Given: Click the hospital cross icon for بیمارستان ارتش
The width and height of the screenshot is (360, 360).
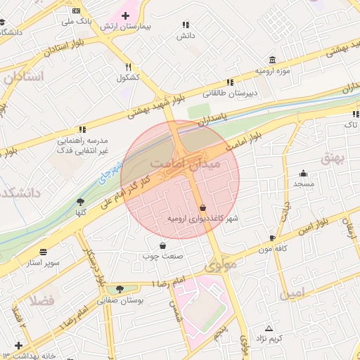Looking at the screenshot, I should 125,15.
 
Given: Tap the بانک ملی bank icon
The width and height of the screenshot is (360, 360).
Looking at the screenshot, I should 77,11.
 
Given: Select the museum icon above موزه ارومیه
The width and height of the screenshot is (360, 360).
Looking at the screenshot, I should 272,60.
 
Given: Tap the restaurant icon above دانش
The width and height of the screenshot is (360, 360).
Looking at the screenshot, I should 185,23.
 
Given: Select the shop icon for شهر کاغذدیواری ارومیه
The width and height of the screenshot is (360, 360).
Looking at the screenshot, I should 203,208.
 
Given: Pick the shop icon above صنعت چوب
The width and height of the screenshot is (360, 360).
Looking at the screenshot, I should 163,245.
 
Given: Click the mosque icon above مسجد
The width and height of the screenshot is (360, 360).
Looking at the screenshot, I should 304,174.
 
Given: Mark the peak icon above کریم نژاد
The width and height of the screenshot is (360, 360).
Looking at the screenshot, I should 268,328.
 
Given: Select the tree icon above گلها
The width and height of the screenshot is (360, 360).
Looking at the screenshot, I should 80,202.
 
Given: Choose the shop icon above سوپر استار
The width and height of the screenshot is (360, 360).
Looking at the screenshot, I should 44,251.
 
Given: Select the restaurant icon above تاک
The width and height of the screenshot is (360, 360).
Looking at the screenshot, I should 355,113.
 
